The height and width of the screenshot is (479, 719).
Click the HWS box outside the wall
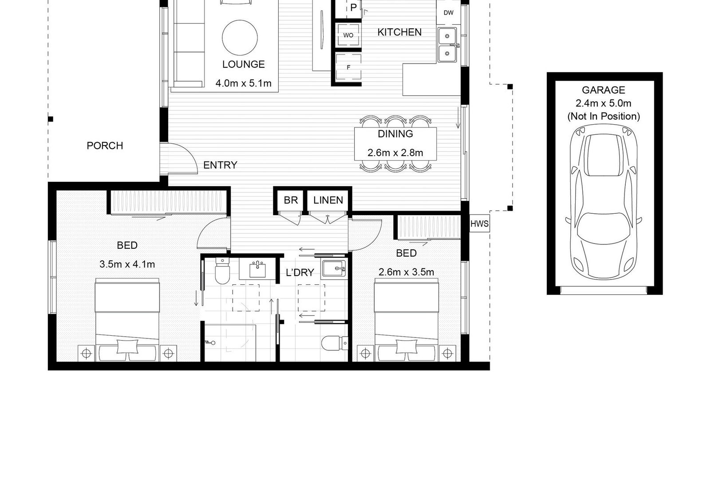tap(479, 224)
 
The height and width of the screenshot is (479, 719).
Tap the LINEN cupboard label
tap(328, 200)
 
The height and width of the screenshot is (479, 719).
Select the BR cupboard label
tap(291, 200)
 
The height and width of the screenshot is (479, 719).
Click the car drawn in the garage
tap(604, 202)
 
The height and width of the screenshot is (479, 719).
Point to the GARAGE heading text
tap(604, 90)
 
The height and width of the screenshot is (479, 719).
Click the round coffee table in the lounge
tap(240, 38)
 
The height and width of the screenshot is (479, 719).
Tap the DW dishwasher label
tap(448, 13)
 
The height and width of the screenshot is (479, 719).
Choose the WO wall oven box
tap(348, 35)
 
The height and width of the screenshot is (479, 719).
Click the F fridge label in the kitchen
tap(348, 68)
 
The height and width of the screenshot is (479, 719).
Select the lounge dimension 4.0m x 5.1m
tap(243, 83)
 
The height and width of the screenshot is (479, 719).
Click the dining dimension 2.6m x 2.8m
tap(395, 153)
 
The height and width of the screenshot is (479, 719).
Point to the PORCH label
tap(105, 145)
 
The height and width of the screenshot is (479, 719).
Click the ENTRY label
tap(220, 165)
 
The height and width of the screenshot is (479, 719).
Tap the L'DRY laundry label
tap(300, 272)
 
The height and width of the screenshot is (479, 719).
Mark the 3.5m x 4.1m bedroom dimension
tap(127, 264)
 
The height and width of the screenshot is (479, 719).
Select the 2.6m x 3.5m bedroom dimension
tap(406, 272)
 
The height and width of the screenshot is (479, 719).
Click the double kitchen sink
tap(447, 45)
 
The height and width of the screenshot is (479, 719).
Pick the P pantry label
tap(353, 8)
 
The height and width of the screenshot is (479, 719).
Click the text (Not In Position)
tap(604, 116)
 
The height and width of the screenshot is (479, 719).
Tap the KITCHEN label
tap(399, 32)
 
